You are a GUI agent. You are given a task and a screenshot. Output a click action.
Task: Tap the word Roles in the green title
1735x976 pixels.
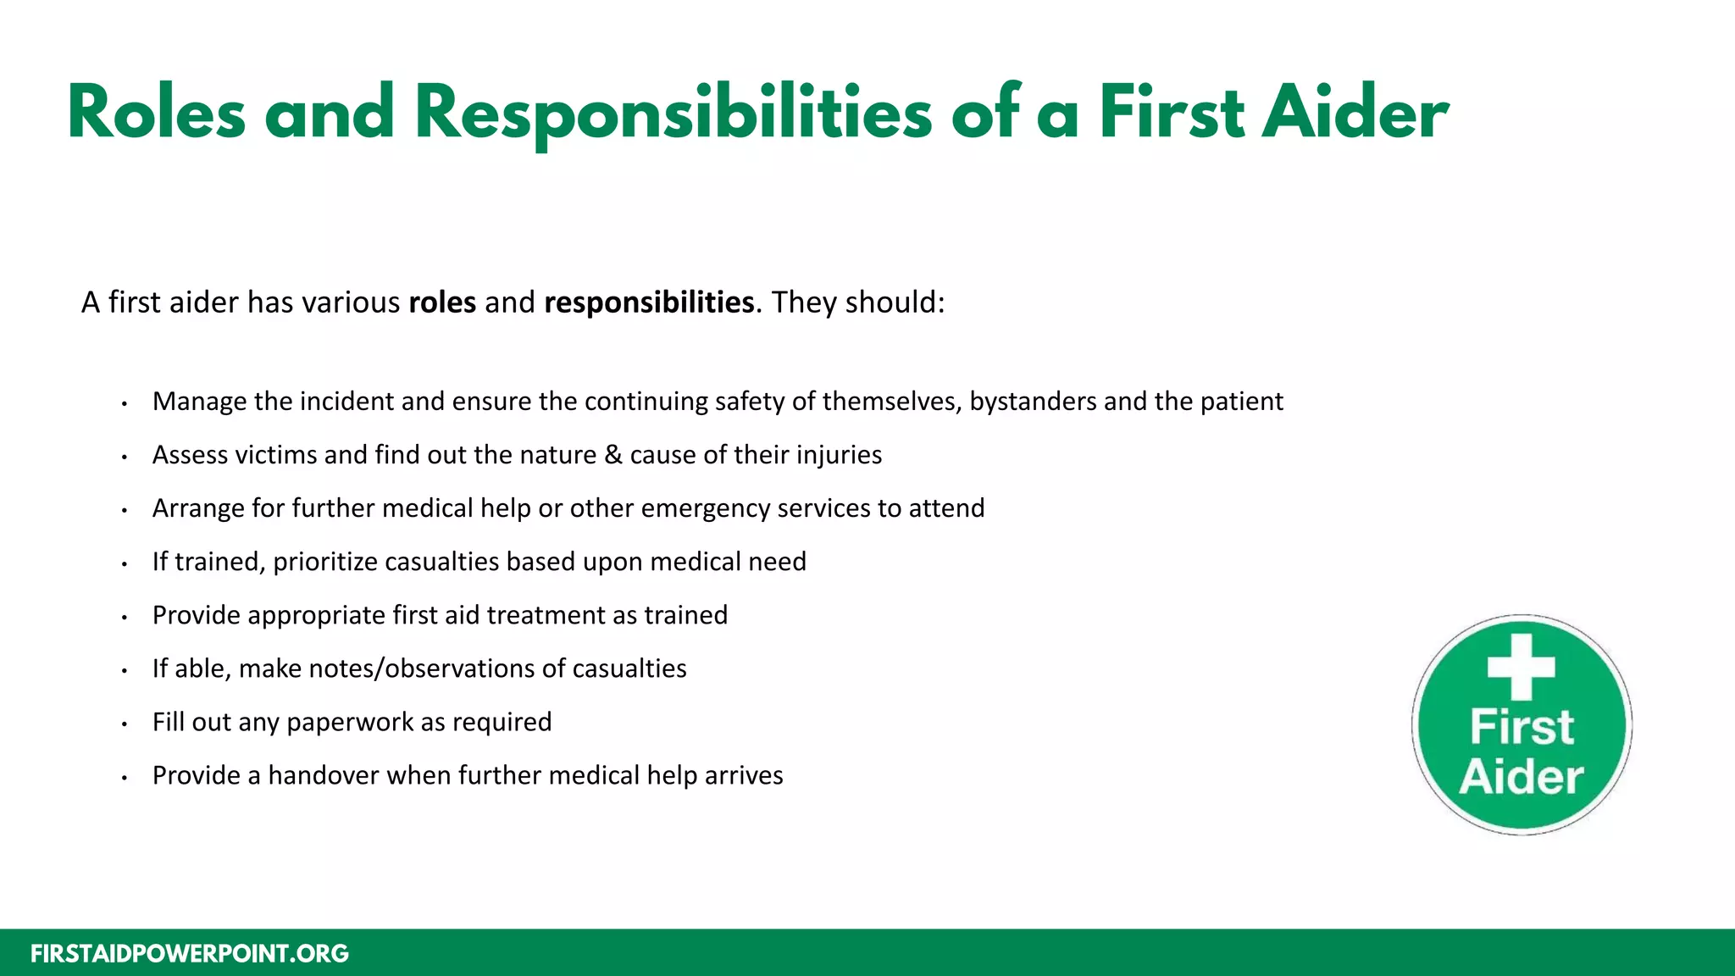(x=156, y=114)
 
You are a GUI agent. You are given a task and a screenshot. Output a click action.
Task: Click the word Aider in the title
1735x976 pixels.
(x=1355, y=114)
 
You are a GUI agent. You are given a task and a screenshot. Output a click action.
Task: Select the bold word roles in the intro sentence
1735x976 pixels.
(x=442, y=302)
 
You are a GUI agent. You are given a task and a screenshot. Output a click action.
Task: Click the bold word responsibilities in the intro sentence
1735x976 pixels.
(x=649, y=302)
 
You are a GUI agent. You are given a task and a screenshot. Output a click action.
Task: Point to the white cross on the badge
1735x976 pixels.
(x=1522, y=666)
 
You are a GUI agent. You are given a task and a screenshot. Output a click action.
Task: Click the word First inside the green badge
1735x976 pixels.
(x=1522, y=727)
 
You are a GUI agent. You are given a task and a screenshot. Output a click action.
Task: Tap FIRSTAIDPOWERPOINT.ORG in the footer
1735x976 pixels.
(x=190, y=954)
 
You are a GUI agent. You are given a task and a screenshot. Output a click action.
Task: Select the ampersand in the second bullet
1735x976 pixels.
(x=613, y=455)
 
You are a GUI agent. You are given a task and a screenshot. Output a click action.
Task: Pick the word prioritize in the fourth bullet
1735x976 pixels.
(x=325, y=562)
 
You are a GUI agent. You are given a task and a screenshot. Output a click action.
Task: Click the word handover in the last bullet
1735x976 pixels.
(x=324, y=775)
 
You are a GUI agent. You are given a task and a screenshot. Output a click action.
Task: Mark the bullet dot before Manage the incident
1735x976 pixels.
(x=124, y=404)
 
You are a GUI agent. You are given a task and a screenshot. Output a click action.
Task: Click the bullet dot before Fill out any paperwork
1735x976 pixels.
(x=124, y=724)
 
